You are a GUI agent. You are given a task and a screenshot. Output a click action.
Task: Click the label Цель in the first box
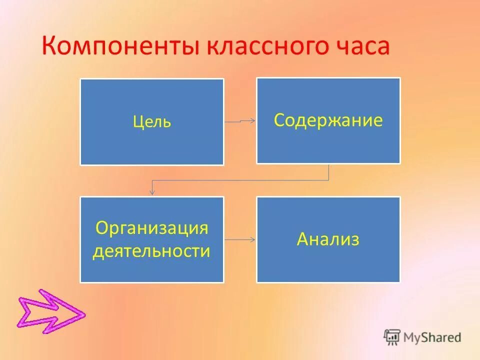152,122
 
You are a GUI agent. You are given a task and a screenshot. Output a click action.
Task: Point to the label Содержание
328,120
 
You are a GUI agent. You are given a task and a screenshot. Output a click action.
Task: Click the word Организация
151,228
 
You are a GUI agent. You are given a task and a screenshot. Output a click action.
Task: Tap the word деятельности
151,251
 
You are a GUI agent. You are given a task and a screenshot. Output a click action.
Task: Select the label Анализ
328,239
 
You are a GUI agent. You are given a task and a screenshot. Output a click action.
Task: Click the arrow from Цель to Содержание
240,121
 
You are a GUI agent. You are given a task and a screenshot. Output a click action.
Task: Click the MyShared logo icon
392,337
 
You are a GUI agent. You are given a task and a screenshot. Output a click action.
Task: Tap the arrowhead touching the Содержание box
253,120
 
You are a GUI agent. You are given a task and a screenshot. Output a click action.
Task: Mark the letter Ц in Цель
138,122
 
